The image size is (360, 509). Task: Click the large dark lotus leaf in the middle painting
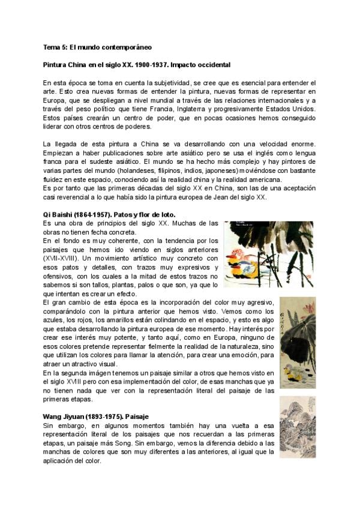click(300, 327)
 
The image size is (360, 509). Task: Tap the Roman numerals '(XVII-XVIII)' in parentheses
click(60, 258)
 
